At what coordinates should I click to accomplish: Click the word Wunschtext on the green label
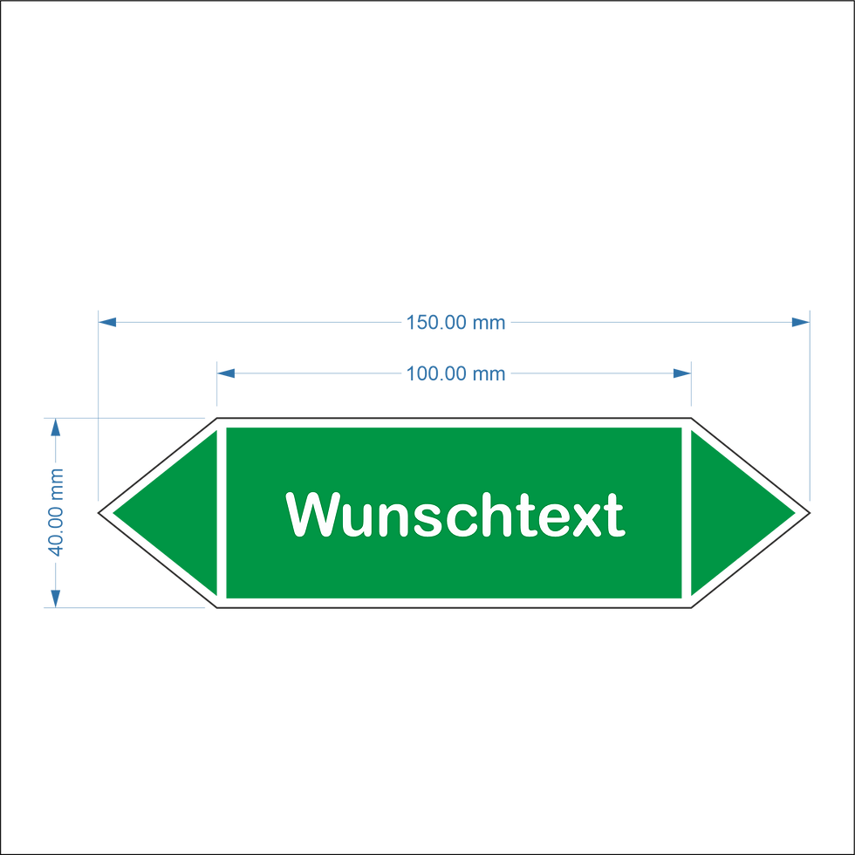click(455, 515)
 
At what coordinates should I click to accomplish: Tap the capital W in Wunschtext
click(311, 515)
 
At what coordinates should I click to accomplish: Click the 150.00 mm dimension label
click(455, 323)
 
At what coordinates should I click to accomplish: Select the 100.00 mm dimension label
click(455, 374)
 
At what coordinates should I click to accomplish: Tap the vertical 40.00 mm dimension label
click(57, 513)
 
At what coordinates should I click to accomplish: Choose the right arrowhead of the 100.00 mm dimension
click(681, 374)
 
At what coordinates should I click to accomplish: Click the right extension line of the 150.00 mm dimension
click(811, 401)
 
